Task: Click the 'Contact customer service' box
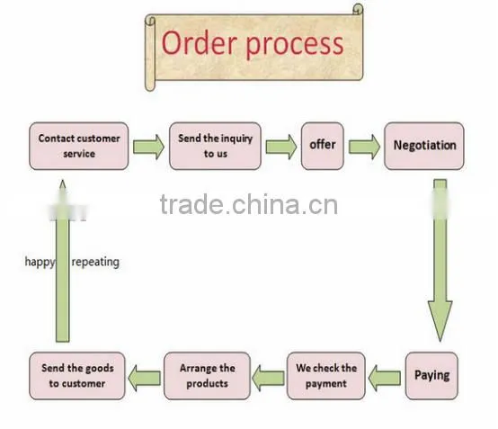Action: pos(79,147)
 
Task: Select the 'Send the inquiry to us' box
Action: pos(216,147)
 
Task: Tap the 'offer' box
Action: pos(323,147)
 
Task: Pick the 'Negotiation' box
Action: pos(424,147)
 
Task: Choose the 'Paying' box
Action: pos(431,376)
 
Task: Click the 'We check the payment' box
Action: pos(326,376)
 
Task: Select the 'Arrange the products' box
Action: pos(207,376)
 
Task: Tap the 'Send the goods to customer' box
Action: pos(77,376)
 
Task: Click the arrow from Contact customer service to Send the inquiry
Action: pos(148,147)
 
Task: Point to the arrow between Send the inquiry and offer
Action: pos(281,147)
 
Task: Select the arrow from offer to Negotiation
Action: pos(364,147)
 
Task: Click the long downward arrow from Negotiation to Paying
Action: pos(440,261)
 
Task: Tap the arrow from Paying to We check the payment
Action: pos(385,378)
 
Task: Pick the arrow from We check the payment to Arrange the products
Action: pos(268,378)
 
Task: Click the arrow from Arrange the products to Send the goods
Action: pos(144,378)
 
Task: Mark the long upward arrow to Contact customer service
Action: pos(63,261)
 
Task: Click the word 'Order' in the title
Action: pos(200,43)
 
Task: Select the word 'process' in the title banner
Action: pos(295,45)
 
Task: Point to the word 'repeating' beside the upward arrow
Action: pos(95,263)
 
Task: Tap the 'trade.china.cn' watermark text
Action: pos(249,204)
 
